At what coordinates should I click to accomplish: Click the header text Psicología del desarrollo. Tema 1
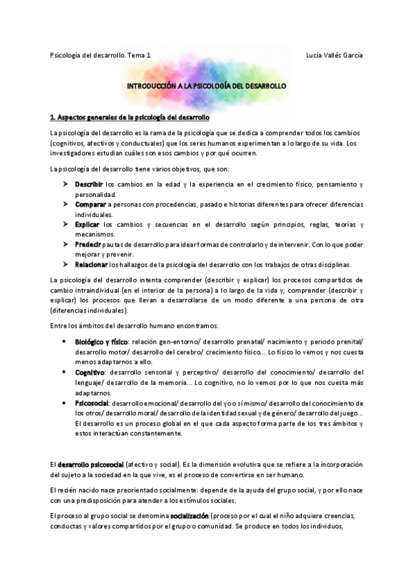(x=101, y=55)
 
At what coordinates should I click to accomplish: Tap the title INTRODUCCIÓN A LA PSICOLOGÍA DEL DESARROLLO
(x=207, y=86)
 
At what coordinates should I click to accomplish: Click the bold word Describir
(x=89, y=185)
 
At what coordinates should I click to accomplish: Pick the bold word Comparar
(x=90, y=205)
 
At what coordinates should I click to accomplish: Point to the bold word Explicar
(x=88, y=225)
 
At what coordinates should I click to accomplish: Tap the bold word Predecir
(x=89, y=244)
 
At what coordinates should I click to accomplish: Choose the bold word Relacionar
(x=91, y=264)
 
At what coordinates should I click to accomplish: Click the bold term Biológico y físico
(x=101, y=342)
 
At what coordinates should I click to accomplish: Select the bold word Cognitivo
(x=90, y=372)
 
